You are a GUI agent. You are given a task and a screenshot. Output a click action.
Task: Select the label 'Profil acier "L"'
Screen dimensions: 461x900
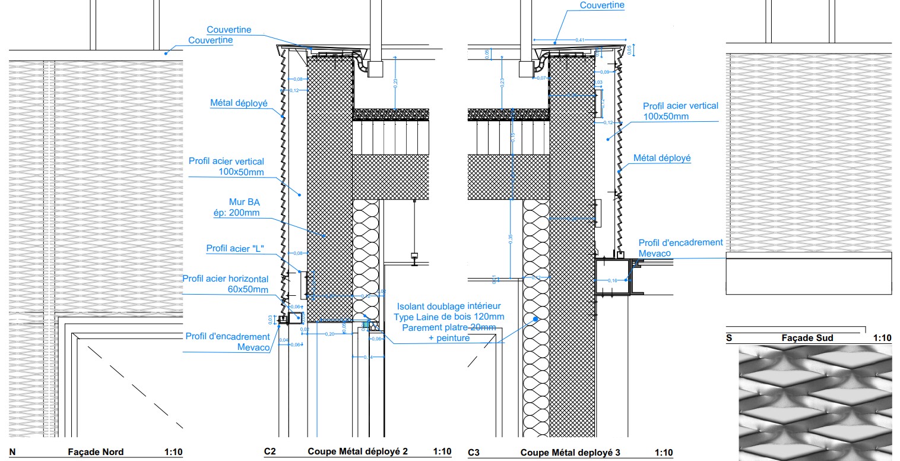(x=234, y=248)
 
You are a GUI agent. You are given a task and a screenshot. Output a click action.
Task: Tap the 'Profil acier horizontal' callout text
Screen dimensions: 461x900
(x=225, y=279)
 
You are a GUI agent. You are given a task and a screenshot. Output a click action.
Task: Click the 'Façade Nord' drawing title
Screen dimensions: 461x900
(x=96, y=452)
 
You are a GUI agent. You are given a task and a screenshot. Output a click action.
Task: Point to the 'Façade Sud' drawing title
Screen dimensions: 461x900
(x=807, y=338)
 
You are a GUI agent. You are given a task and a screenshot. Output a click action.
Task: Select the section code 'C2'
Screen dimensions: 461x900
(x=270, y=452)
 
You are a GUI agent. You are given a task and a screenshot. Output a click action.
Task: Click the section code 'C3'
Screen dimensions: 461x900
(x=474, y=453)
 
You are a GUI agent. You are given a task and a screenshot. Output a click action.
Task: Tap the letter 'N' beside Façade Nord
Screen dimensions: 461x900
(x=12, y=452)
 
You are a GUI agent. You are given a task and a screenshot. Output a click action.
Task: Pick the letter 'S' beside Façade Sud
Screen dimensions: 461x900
(x=729, y=338)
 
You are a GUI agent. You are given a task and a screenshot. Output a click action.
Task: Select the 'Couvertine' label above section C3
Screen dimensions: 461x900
(x=602, y=5)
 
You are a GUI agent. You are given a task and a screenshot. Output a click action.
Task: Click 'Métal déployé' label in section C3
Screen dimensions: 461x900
(x=662, y=158)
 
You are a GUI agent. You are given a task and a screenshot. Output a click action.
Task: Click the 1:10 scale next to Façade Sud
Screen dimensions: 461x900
(x=882, y=338)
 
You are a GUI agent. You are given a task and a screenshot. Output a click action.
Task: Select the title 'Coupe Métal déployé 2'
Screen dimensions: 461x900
(x=357, y=451)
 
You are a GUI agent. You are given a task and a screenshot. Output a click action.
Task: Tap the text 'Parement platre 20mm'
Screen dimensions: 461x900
(x=449, y=327)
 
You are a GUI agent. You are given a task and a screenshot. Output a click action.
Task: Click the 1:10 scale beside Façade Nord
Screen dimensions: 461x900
(x=173, y=452)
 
